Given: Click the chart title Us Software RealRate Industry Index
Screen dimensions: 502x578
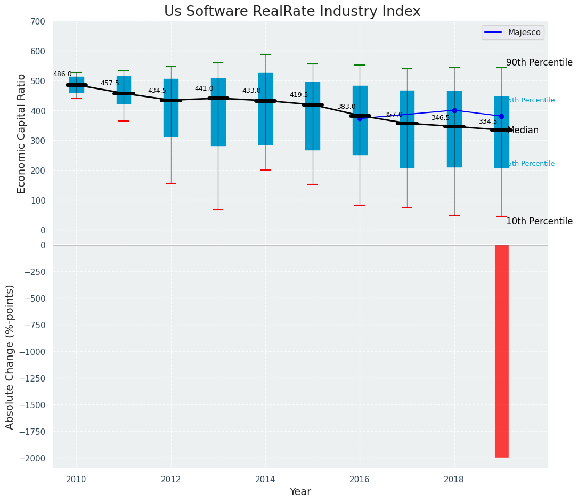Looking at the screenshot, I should tap(292, 12).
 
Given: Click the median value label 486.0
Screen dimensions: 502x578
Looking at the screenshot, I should tap(62, 74).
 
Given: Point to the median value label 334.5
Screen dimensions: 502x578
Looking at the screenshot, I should tap(487, 122).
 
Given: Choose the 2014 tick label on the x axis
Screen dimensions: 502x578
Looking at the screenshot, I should tap(265, 480).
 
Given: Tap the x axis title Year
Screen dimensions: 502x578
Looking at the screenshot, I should tap(300, 492).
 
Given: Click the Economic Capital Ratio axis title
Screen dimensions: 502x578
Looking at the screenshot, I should tap(22, 133).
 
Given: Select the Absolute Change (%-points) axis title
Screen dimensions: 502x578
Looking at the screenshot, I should tap(10, 357).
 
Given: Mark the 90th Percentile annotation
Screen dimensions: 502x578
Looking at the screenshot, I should tap(539, 62).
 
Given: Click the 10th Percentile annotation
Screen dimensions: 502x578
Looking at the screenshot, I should tap(539, 221).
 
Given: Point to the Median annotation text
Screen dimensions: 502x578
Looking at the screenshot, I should tap(523, 131).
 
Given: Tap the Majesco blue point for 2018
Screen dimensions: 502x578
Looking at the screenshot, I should tap(454, 110).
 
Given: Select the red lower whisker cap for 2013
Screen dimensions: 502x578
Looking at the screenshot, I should tap(218, 210).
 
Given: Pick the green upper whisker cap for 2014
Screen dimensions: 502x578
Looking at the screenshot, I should tap(265, 54).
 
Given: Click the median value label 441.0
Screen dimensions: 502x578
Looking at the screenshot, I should tap(204, 88).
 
